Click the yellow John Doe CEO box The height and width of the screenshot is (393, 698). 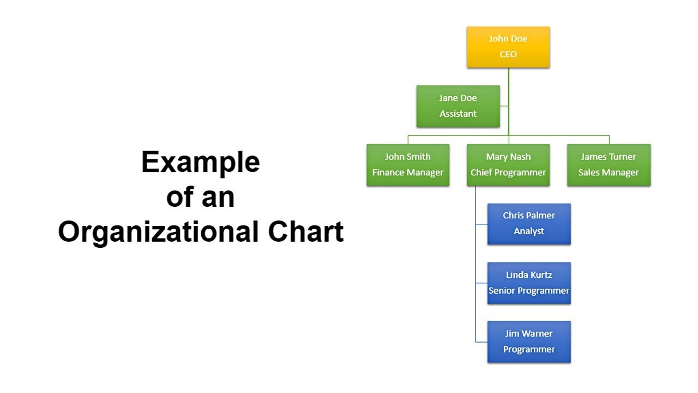[x=508, y=47]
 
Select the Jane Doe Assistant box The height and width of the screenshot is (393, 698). [x=458, y=106]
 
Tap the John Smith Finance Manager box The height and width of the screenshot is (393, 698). [x=408, y=165]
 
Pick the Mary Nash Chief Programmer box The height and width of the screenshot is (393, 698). [x=508, y=165]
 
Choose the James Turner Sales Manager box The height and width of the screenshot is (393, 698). [x=609, y=165]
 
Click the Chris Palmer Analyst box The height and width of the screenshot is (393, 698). [x=529, y=224]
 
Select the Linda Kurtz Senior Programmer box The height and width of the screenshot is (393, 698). [x=529, y=283]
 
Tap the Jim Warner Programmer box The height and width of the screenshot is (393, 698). [x=529, y=342]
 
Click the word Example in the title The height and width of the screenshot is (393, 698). [x=201, y=162]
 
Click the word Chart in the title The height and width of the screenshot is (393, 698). [x=306, y=232]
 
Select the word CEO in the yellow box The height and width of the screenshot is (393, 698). [x=508, y=55]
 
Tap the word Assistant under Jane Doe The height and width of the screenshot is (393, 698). [x=458, y=114]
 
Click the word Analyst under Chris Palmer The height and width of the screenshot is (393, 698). [x=529, y=231]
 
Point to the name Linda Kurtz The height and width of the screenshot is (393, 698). [x=529, y=275]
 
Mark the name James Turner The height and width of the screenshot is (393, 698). [x=609, y=157]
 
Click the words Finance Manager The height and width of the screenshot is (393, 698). [x=408, y=172]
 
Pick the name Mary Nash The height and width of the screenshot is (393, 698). [x=508, y=157]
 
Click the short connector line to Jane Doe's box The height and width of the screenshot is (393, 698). [x=504, y=106]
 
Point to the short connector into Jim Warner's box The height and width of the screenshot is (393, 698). [x=482, y=342]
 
